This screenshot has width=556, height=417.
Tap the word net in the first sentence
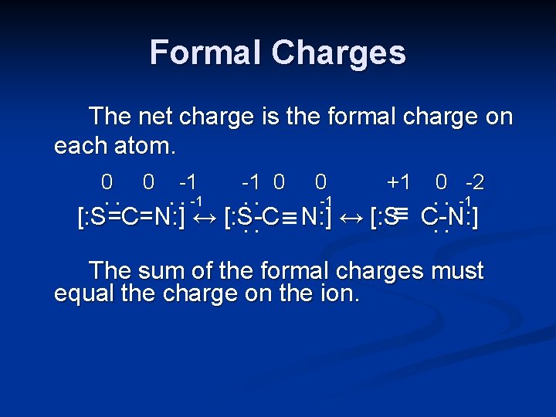(x=155, y=117)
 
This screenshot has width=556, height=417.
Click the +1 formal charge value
(x=398, y=182)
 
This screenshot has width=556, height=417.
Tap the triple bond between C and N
(x=290, y=219)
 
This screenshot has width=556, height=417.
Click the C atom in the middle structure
(x=270, y=219)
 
